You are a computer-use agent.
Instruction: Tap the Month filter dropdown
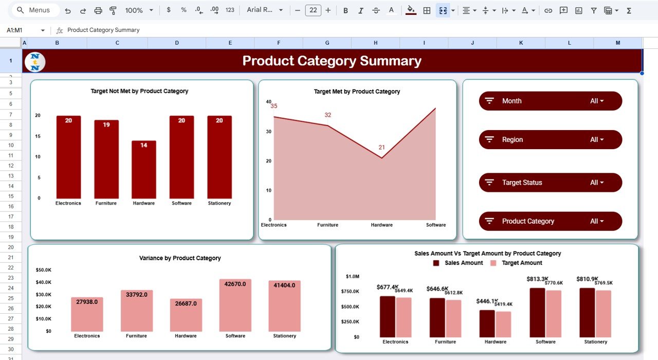(x=550, y=101)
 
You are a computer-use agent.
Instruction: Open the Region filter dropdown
(x=550, y=139)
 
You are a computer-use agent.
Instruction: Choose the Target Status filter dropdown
(x=550, y=183)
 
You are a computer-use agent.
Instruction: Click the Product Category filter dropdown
(x=550, y=221)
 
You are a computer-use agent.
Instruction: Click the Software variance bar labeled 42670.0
(x=235, y=305)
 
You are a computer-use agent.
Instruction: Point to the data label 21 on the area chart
(x=381, y=148)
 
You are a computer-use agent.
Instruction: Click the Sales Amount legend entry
(x=459, y=263)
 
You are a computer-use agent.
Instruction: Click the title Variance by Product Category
(x=180, y=258)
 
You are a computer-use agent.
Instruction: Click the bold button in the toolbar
(x=345, y=10)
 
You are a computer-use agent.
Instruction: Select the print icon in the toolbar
(x=98, y=10)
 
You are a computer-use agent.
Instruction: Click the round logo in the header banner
(x=35, y=62)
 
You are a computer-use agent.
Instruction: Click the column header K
(x=521, y=43)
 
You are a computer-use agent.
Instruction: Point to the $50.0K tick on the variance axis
(x=43, y=270)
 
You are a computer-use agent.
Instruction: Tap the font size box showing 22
(x=313, y=10)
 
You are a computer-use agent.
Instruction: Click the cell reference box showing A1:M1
(x=23, y=30)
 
